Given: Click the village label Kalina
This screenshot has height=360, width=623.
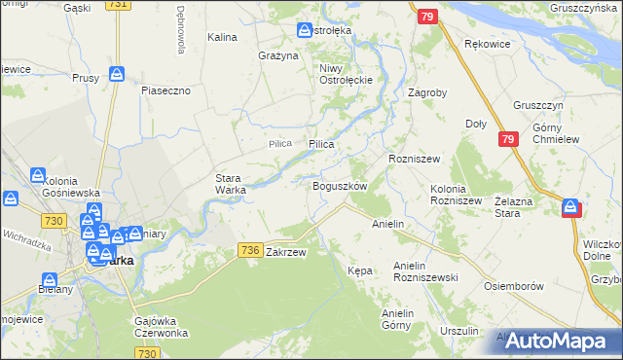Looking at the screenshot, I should click(x=223, y=37).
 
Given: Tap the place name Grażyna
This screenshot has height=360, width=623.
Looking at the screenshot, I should click(x=277, y=55).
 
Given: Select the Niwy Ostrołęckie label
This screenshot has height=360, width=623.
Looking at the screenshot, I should click(x=339, y=74).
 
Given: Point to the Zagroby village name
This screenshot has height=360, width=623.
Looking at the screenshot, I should click(x=427, y=93).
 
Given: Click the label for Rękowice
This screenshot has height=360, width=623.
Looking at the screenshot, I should click(x=488, y=44).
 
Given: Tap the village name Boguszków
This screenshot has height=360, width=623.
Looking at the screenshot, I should click(x=339, y=186).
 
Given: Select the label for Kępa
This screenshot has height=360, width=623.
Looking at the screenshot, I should click(x=360, y=270).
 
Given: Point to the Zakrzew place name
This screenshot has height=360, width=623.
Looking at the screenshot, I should click(x=286, y=252).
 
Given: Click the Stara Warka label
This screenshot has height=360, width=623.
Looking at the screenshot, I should click(x=231, y=184).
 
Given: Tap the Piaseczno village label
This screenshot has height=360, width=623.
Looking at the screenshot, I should click(x=171, y=90).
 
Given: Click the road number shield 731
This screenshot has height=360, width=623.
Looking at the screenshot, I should click(x=118, y=5).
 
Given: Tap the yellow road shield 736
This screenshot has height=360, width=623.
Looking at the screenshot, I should click(x=249, y=250).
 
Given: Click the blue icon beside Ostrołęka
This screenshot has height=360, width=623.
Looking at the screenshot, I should click(x=305, y=30).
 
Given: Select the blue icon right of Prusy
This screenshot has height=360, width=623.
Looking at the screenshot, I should click(x=117, y=74).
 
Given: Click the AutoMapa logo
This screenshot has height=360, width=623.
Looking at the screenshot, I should click(x=559, y=341).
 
